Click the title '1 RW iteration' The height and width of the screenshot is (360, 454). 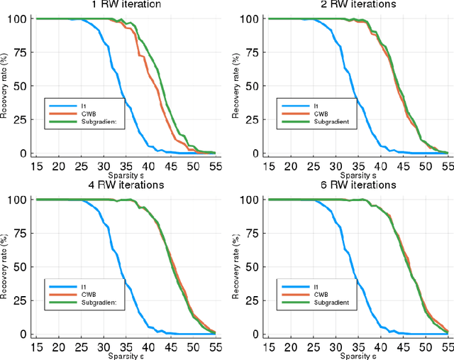(x=124, y=4)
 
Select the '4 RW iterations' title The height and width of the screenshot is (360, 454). (x=125, y=185)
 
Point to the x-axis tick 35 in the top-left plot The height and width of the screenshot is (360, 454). (x=125, y=165)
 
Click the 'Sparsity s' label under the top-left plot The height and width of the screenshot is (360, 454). (x=125, y=174)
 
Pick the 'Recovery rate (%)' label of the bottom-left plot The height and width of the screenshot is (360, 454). (x=4, y=266)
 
